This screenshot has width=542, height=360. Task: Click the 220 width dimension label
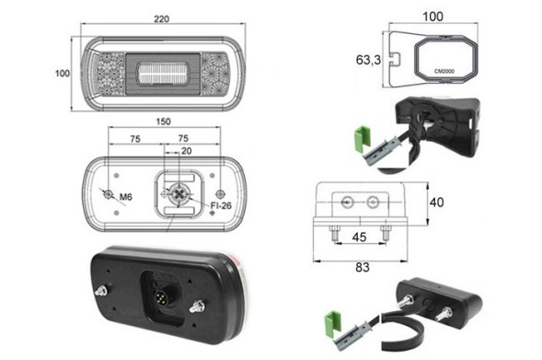tap(162, 19)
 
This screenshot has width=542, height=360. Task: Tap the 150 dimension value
tap(163, 122)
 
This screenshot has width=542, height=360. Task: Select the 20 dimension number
tap(186, 151)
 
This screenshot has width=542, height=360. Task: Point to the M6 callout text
tap(126, 197)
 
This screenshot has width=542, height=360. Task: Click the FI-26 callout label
tap(221, 205)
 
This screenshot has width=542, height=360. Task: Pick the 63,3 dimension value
tap(368, 60)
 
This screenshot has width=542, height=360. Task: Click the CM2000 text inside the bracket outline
tap(444, 71)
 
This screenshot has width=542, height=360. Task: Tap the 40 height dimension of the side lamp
tap(436, 203)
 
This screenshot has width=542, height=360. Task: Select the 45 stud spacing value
tap(359, 238)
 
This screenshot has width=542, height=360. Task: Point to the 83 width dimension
tap(363, 267)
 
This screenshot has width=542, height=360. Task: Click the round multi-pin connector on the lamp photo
tap(162, 296)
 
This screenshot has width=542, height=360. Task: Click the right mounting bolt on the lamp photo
tap(198, 306)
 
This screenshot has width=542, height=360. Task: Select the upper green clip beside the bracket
tap(363, 139)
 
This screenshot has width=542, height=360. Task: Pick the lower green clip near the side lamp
tap(332, 323)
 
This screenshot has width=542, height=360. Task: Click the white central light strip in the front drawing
tap(163, 74)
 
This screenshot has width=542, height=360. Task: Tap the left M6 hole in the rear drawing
tap(109, 194)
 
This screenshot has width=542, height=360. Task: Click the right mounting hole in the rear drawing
tap(220, 193)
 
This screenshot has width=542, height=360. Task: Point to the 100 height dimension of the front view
tap(63, 74)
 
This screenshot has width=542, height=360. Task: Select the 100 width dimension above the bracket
tap(433, 17)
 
